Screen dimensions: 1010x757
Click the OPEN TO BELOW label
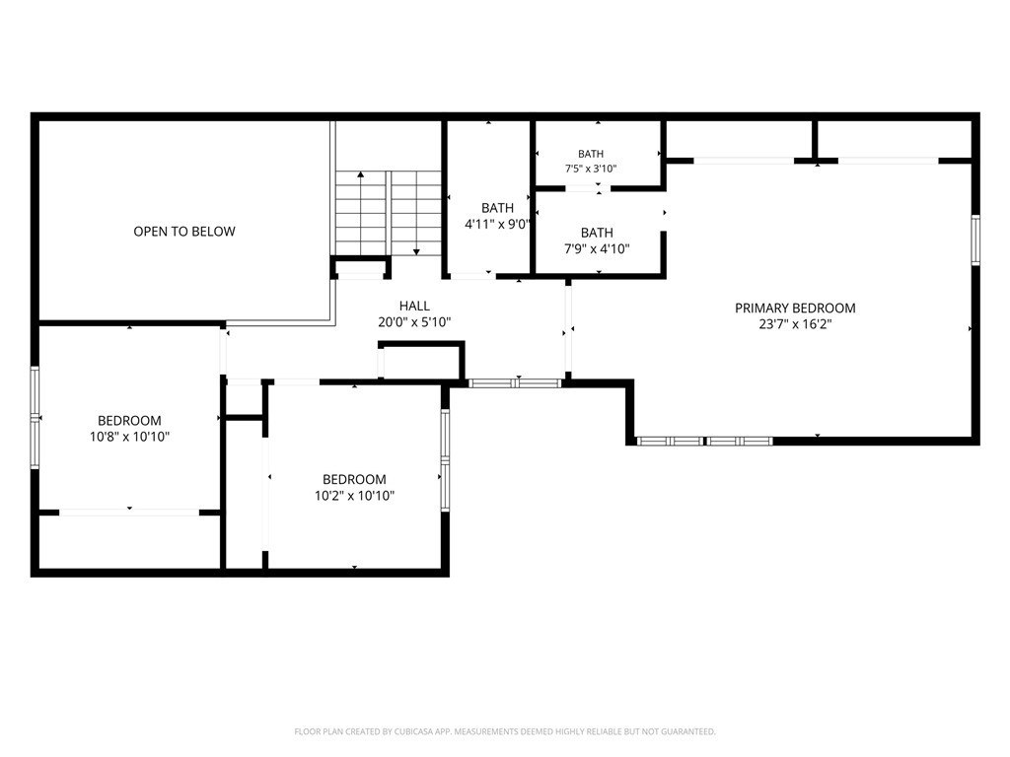(x=184, y=231)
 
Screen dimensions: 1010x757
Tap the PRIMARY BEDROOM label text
(x=795, y=308)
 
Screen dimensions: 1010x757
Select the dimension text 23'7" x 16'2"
(x=795, y=323)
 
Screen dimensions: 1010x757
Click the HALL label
(x=414, y=306)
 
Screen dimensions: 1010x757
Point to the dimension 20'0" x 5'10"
(x=414, y=322)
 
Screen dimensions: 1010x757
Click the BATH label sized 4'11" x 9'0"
(x=497, y=208)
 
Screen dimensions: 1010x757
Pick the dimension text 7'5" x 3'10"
(x=591, y=169)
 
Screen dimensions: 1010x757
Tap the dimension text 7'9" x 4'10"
(x=597, y=248)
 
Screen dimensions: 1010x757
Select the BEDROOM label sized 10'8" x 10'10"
(x=129, y=420)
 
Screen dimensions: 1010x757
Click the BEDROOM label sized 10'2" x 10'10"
(x=354, y=479)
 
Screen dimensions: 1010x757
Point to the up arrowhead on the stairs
(x=361, y=173)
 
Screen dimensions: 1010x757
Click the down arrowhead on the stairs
(x=417, y=252)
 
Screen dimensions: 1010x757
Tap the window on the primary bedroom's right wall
(x=975, y=240)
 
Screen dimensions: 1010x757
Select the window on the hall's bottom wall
(x=515, y=383)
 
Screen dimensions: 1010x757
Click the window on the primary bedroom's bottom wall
(x=704, y=441)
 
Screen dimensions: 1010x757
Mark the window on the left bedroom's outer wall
(x=35, y=417)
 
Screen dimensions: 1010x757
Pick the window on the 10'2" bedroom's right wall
(x=445, y=460)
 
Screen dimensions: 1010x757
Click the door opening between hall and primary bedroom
(x=568, y=329)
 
